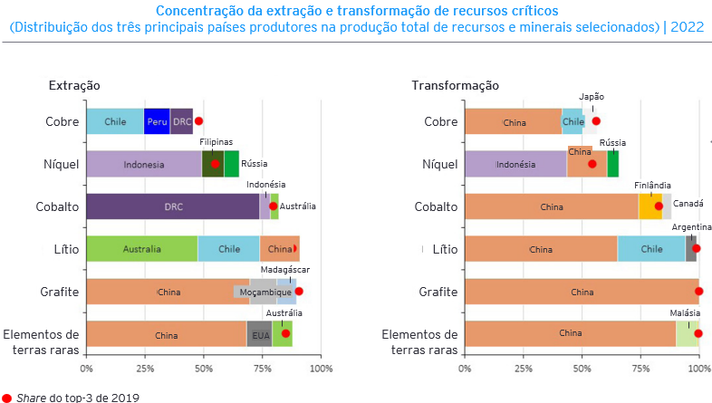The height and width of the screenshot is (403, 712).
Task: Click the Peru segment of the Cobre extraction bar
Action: coord(157,121)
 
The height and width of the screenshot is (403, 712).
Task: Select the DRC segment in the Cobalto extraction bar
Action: coord(173,206)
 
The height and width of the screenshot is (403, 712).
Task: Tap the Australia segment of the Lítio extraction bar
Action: coord(142,249)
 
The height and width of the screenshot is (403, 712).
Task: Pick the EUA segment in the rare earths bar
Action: coord(259,335)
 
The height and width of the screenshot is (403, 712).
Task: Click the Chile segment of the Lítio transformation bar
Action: coord(651,249)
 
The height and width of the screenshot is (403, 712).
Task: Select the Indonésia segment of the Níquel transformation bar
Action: coord(515,165)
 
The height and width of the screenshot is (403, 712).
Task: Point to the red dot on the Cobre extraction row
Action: coord(199,120)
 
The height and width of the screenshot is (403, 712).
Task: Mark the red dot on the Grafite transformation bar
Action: coord(698,292)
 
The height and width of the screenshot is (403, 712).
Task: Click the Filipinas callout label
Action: coord(216,141)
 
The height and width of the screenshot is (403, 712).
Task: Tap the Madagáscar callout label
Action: coord(285,270)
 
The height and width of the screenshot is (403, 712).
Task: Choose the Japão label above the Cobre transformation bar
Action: coord(592,97)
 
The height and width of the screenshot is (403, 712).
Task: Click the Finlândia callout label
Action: coord(652,185)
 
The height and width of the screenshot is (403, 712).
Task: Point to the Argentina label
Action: coord(691,226)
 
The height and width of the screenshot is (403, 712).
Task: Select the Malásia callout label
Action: coord(683,312)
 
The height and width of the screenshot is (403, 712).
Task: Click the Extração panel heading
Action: coord(74,85)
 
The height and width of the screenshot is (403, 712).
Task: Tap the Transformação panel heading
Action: coord(455,85)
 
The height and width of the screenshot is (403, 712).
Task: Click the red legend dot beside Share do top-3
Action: coord(7,397)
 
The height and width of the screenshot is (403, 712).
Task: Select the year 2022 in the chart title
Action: coord(688,27)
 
